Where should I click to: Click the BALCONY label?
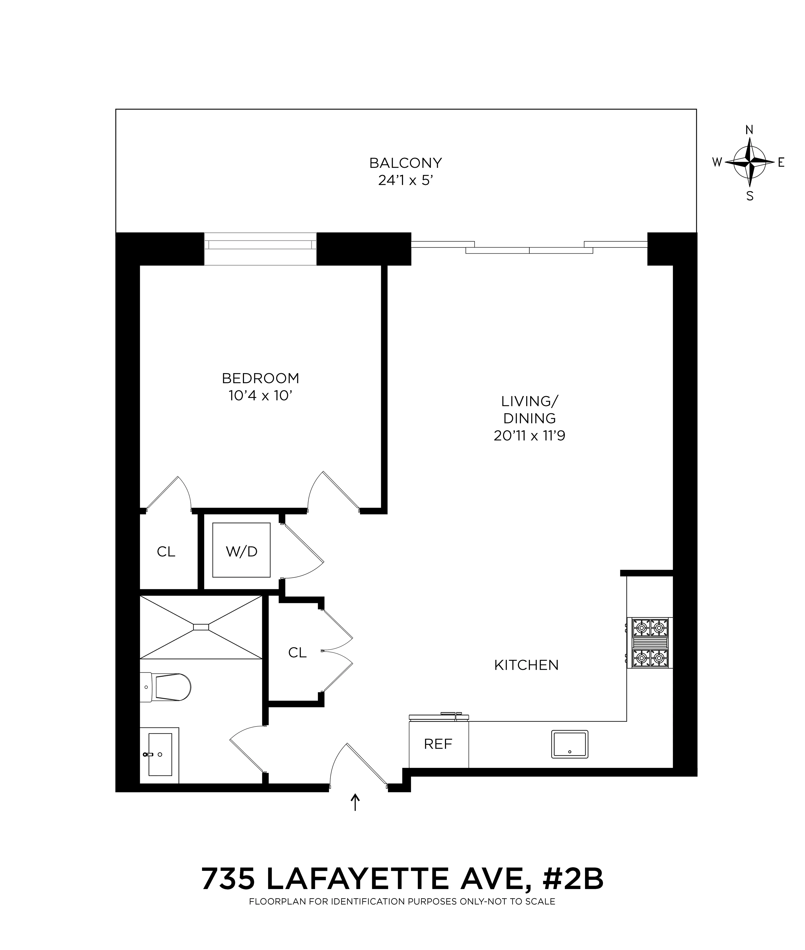point(405,163)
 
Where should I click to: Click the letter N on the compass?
point(749,130)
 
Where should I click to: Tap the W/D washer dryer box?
point(241,552)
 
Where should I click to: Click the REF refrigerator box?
point(438,744)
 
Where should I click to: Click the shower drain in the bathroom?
point(201,627)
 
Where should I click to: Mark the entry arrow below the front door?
point(355,802)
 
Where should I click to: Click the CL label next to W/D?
point(166,552)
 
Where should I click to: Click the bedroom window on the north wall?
point(260,249)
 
